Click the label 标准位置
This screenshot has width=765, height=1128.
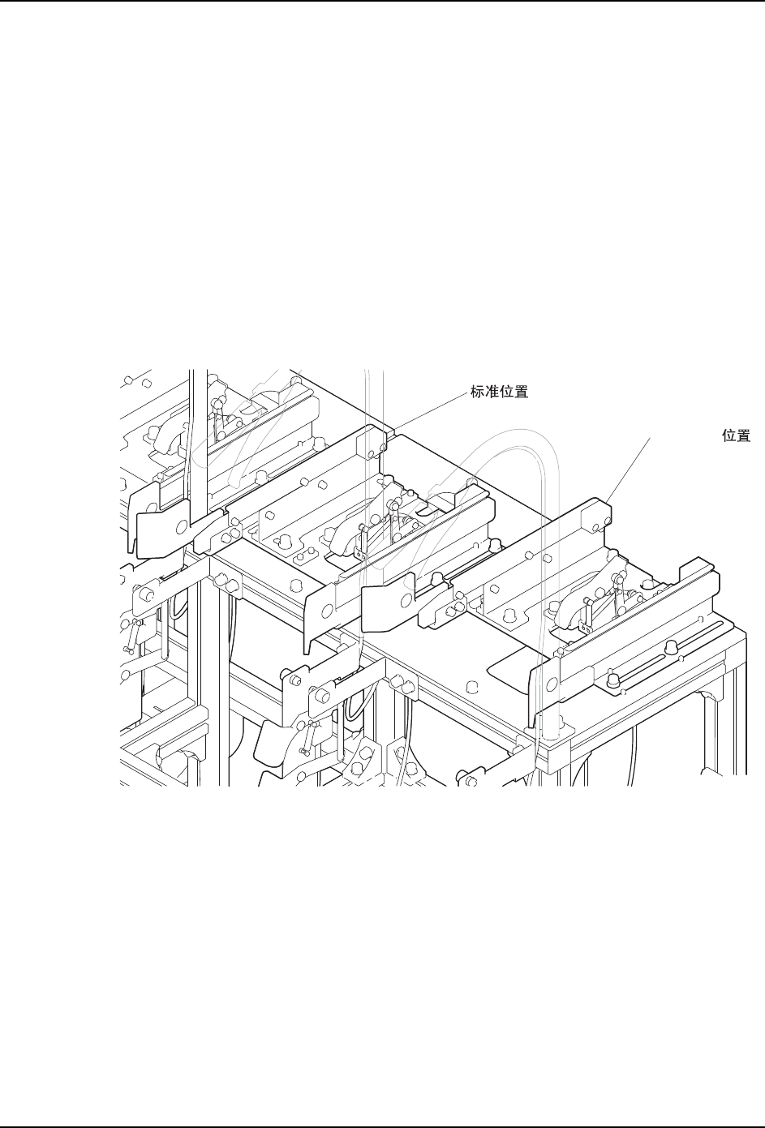500,392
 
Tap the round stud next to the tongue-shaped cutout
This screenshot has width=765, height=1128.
471,687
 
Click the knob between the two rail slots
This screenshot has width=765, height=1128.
671,647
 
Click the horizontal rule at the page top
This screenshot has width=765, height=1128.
382,1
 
